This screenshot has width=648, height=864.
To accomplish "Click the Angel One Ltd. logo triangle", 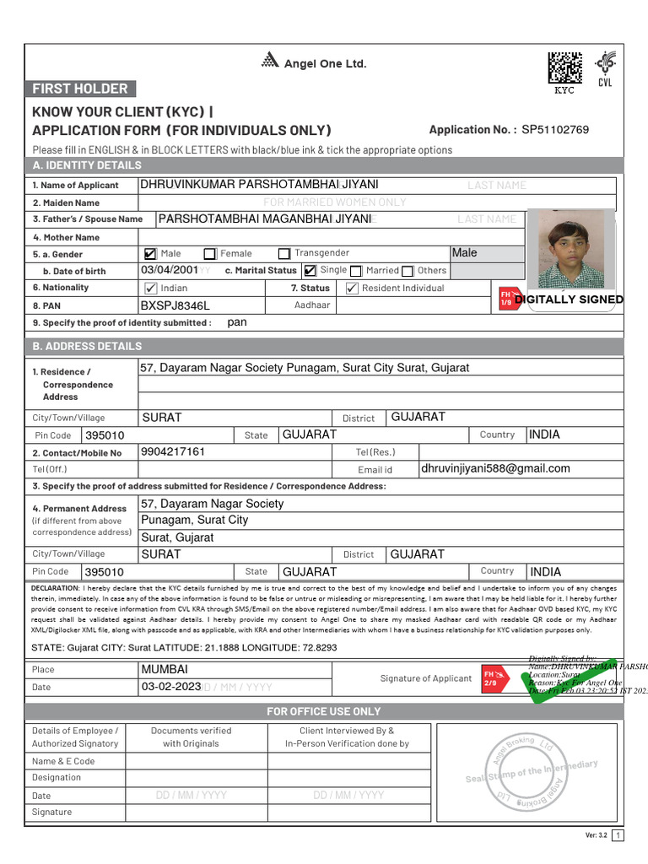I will [x=270, y=60].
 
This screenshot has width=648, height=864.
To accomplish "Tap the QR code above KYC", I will [x=564, y=67].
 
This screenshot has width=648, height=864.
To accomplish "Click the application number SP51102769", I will [x=555, y=130].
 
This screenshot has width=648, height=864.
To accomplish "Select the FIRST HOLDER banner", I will [x=80, y=89].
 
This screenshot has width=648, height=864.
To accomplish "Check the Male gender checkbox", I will [x=151, y=253].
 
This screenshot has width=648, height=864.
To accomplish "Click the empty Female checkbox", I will [x=209, y=253].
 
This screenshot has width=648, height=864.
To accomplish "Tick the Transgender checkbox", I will [x=284, y=253].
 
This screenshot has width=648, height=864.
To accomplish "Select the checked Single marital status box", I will [x=310, y=271].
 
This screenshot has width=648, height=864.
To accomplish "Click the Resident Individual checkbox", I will [x=353, y=288].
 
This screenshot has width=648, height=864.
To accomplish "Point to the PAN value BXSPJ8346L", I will [x=175, y=305].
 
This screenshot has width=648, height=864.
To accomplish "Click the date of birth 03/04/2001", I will [x=170, y=270].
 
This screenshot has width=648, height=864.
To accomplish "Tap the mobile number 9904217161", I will [x=173, y=451].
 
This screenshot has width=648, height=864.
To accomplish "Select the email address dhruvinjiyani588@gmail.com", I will [x=494, y=468].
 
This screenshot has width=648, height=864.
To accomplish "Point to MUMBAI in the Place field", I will [x=165, y=669].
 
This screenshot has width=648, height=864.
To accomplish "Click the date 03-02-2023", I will [x=170, y=687].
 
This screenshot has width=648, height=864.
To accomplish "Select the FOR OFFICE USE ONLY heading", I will [x=324, y=711].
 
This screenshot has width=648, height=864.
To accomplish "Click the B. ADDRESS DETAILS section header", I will [x=87, y=346].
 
